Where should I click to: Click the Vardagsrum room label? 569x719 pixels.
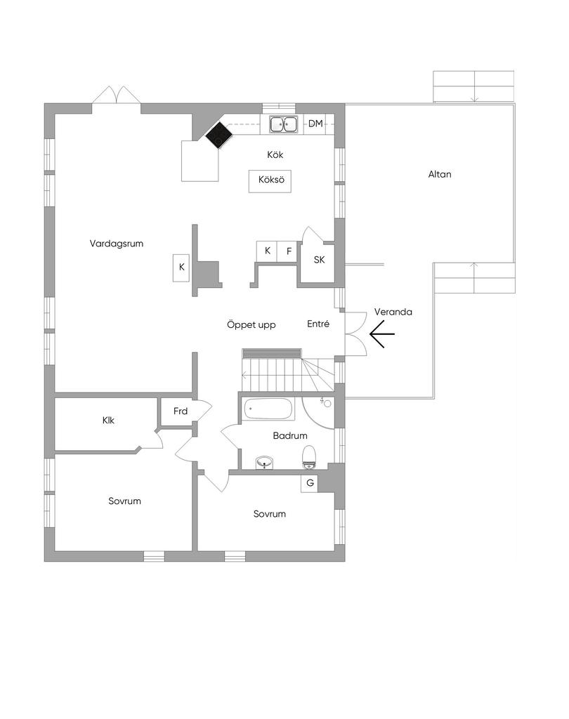(x=117, y=244)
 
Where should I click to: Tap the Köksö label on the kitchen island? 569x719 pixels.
(x=270, y=180)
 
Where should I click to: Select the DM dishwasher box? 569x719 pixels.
(x=315, y=124)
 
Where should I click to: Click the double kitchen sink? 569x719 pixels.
(x=284, y=124)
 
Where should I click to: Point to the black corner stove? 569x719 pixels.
(x=219, y=136)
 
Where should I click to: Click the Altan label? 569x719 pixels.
(x=440, y=174)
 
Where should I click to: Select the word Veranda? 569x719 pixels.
(x=393, y=312)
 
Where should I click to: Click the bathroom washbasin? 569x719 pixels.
(x=265, y=462)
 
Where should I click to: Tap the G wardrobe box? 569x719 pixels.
(x=309, y=483)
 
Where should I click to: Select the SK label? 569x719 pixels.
(x=320, y=260)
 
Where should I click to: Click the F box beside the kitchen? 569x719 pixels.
(x=288, y=251)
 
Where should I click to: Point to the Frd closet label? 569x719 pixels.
(x=181, y=411)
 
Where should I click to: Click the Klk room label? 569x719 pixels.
(x=108, y=421)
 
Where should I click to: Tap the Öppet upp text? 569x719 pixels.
(x=251, y=325)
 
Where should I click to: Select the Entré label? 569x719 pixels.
(x=318, y=324)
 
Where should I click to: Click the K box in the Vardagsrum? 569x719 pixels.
(x=181, y=267)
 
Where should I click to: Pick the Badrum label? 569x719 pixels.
(x=290, y=436)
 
